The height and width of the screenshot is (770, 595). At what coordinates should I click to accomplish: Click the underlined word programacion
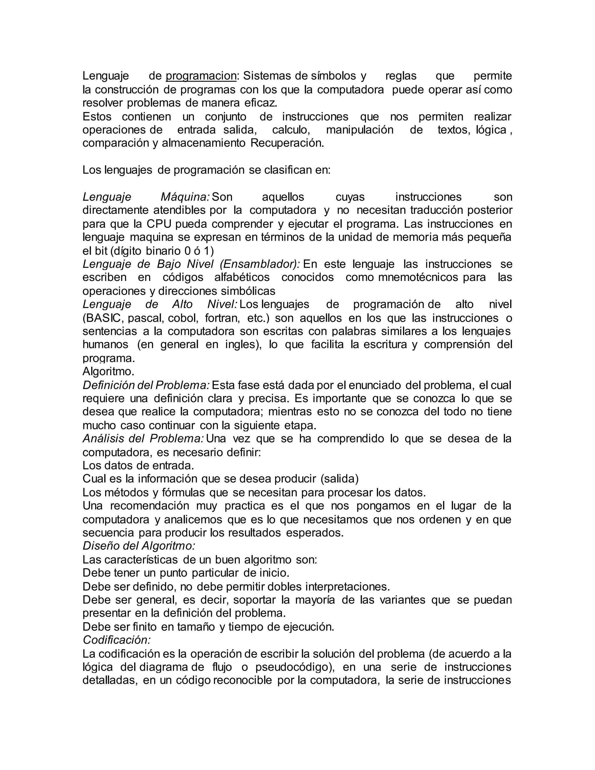click(201, 76)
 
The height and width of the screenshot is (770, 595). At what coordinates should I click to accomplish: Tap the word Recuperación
click(287, 143)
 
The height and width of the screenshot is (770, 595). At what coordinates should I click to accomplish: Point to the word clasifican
click(284, 170)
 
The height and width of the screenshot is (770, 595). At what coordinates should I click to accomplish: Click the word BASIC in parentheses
click(103, 318)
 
